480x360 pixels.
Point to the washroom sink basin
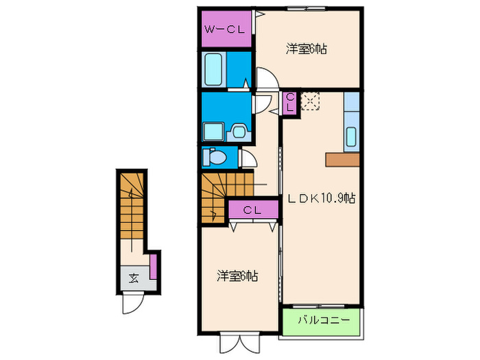pos(239,130)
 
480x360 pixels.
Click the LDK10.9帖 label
pos(321,198)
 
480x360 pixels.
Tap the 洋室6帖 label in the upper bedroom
pos(306,49)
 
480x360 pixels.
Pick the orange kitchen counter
pos(343,159)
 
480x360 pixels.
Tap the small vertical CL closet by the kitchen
pos(290,104)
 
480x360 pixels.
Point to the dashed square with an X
pos(310,101)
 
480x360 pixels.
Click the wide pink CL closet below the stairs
pos(253,210)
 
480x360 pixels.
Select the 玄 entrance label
pos(132,278)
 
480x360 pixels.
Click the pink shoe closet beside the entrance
pos(153,265)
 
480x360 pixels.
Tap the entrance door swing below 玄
pos(132,302)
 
